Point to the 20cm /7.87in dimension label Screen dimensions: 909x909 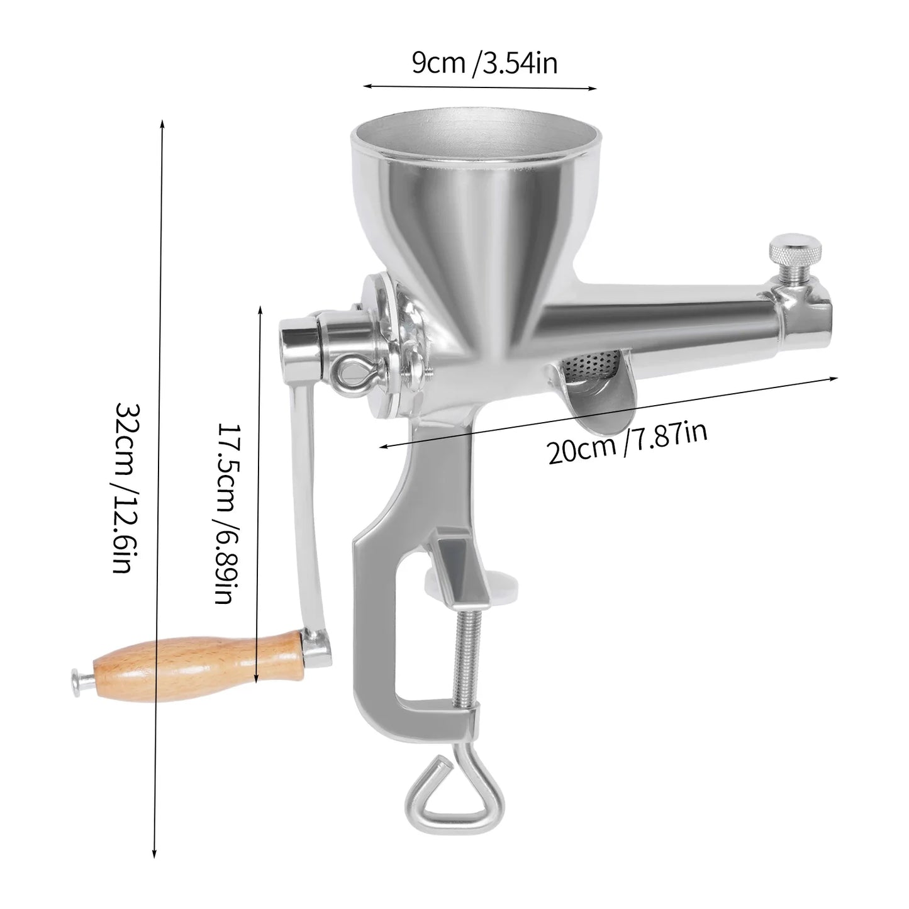click(x=627, y=442)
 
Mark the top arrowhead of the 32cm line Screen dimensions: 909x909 click(x=162, y=121)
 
